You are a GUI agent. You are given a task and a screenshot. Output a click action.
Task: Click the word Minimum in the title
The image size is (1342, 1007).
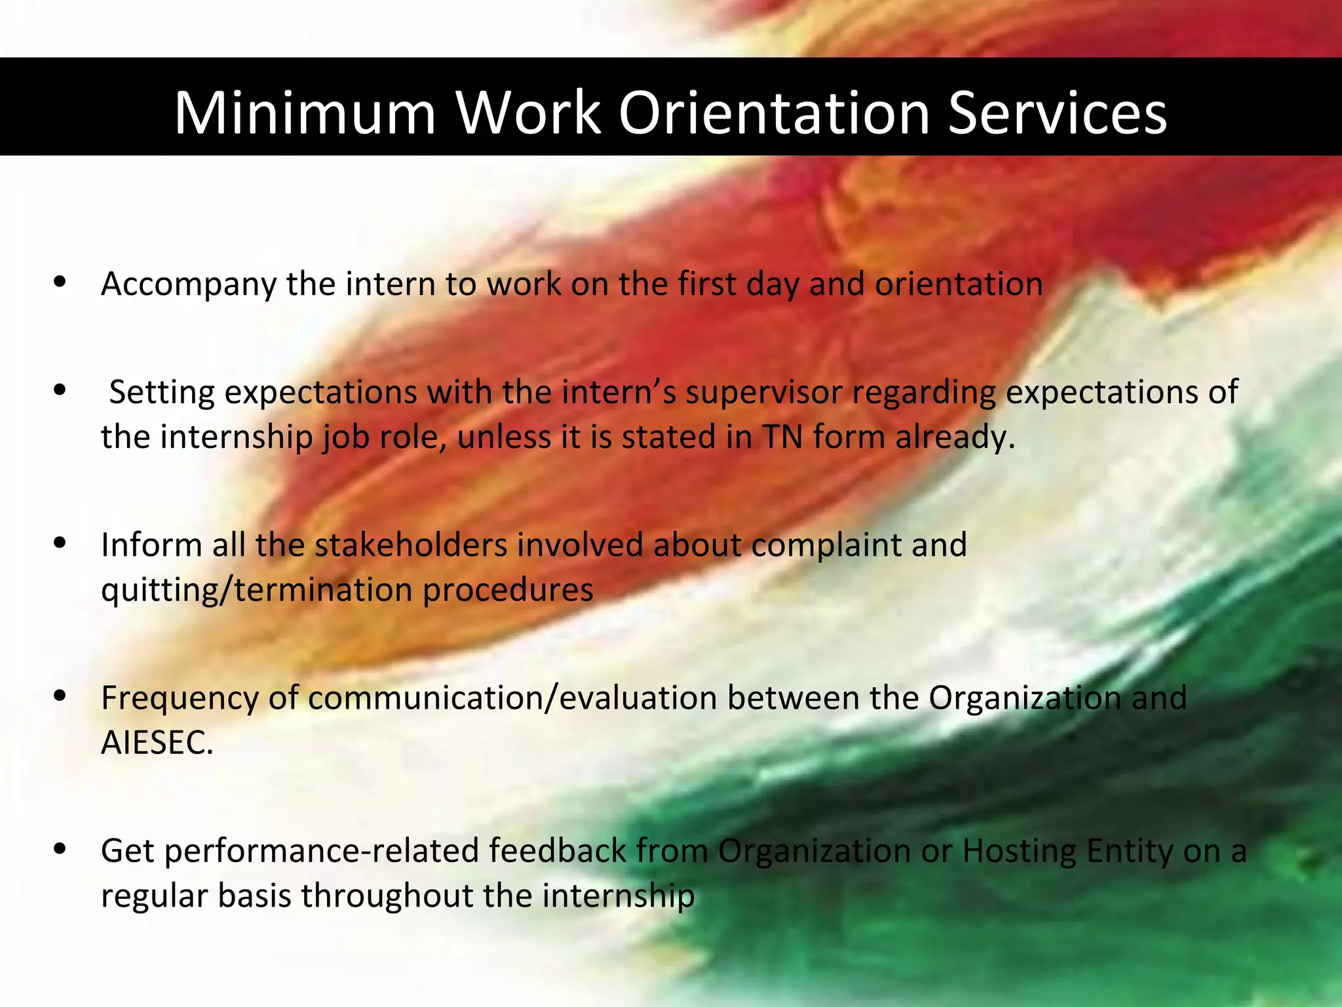pyautogui.click(x=305, y=113)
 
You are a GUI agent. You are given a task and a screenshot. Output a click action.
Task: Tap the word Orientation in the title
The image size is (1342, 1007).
pyautogui.click(x=774, y=113)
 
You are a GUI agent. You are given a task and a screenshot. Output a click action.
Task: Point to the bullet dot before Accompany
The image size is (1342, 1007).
pyautogui.click(x=60, y=283)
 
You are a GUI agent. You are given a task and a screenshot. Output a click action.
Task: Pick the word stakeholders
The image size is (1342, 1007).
pyautogui.click(x=411, y=545)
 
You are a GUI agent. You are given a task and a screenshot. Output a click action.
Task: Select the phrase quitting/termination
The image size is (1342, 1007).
pyautogui.click(x=257, y=590)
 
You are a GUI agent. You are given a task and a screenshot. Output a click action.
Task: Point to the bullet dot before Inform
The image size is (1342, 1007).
pyautogui.click(x=60, y=543)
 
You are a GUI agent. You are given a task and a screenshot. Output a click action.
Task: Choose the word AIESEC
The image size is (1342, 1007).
pyautogui.click(x=157, y=743)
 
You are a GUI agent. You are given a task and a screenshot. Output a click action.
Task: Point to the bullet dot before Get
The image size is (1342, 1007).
pyautogui.click(x=60, y=849)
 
